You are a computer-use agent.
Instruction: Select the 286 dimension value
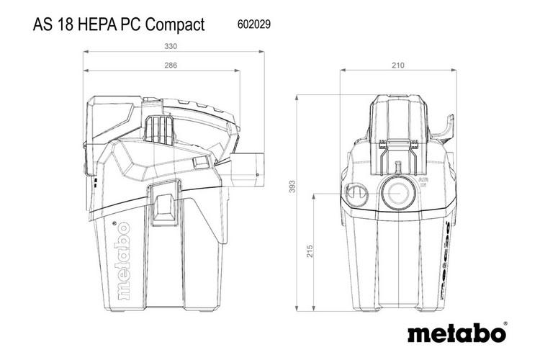(x=171, y=66)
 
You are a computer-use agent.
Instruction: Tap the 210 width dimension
(x=397, y=66)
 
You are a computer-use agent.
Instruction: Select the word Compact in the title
(x=175, y=24)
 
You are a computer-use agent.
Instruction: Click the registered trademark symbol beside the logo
(x=505, y=323)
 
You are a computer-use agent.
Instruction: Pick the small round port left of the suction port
(x=355, y=194)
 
